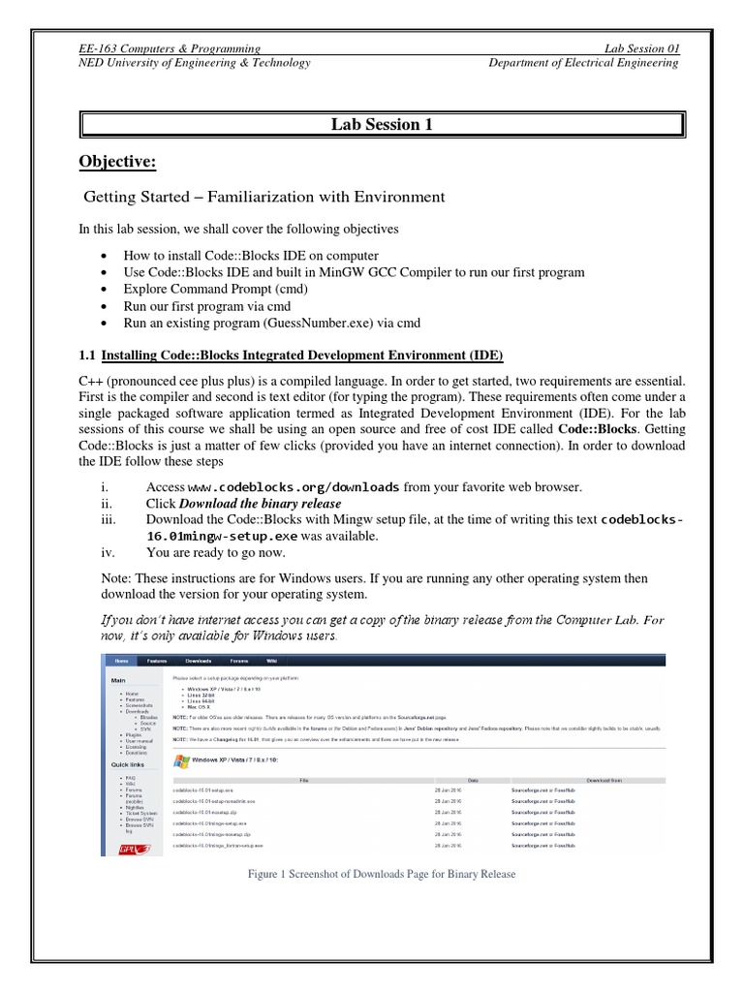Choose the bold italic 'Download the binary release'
[260, 503]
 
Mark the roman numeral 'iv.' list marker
[106, 553]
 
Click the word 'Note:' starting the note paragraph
[98, 577]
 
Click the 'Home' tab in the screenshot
[120, 661]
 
